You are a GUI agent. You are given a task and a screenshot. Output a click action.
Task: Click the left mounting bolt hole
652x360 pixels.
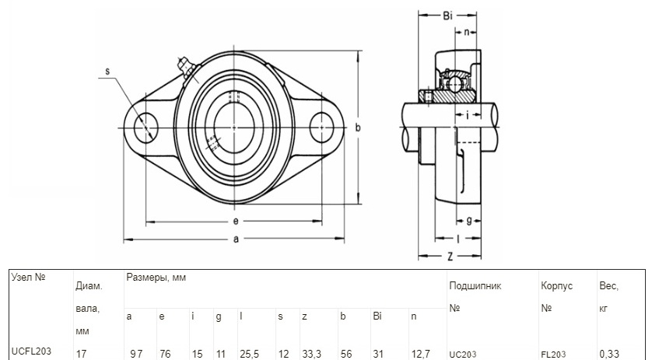(146, 128)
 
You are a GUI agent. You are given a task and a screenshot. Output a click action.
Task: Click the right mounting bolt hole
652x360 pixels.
(322, 128)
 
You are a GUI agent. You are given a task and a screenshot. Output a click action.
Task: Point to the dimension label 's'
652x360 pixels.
(107, 72)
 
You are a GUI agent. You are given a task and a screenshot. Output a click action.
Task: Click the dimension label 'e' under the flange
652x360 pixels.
(236, 221)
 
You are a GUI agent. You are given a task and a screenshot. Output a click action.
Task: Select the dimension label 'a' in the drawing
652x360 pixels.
(237, 239)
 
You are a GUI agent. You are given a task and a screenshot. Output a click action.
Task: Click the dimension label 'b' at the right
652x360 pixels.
(358, 128)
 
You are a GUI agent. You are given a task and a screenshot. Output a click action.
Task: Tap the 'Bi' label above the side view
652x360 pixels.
(447, 16)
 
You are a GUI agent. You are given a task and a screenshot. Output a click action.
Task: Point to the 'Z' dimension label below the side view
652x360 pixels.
(450, 257)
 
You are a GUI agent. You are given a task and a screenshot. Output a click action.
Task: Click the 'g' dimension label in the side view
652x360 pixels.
(469, 220)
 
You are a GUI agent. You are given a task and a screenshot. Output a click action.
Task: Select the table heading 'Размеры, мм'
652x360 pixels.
(156, 278)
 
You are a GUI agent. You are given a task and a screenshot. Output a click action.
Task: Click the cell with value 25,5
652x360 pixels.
(249, 354)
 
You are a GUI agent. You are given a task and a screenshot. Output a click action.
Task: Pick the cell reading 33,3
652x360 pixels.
(312, 354)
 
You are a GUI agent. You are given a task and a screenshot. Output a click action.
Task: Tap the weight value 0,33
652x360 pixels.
(609, 354)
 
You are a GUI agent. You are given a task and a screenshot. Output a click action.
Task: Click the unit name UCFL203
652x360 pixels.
(32, 351)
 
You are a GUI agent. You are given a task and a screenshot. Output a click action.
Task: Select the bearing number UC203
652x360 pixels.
(463, 355)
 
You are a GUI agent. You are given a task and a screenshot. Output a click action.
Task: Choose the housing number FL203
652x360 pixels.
(553, 355)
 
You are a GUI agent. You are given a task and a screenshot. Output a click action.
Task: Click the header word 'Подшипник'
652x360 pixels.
(475, 286)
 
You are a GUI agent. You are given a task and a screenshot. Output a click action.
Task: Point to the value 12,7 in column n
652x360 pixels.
(420, 354)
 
